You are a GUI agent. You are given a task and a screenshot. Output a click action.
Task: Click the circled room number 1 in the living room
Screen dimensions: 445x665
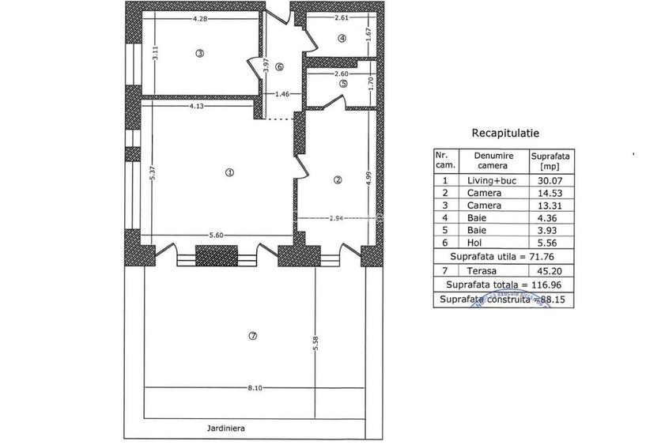[x=229, y=173]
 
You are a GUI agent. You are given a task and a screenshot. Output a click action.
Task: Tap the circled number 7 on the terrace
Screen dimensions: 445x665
[x=252, y=336]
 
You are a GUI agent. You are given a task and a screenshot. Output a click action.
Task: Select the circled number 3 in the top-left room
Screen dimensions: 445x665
[x=200, y=54]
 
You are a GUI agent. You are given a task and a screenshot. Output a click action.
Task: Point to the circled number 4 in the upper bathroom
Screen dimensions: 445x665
[x=342, y=37]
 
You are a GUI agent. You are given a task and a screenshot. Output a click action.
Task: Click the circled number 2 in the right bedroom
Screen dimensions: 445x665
[x=338, y=179]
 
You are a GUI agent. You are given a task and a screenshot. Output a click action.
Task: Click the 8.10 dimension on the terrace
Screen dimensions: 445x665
[x=255, y=387]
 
